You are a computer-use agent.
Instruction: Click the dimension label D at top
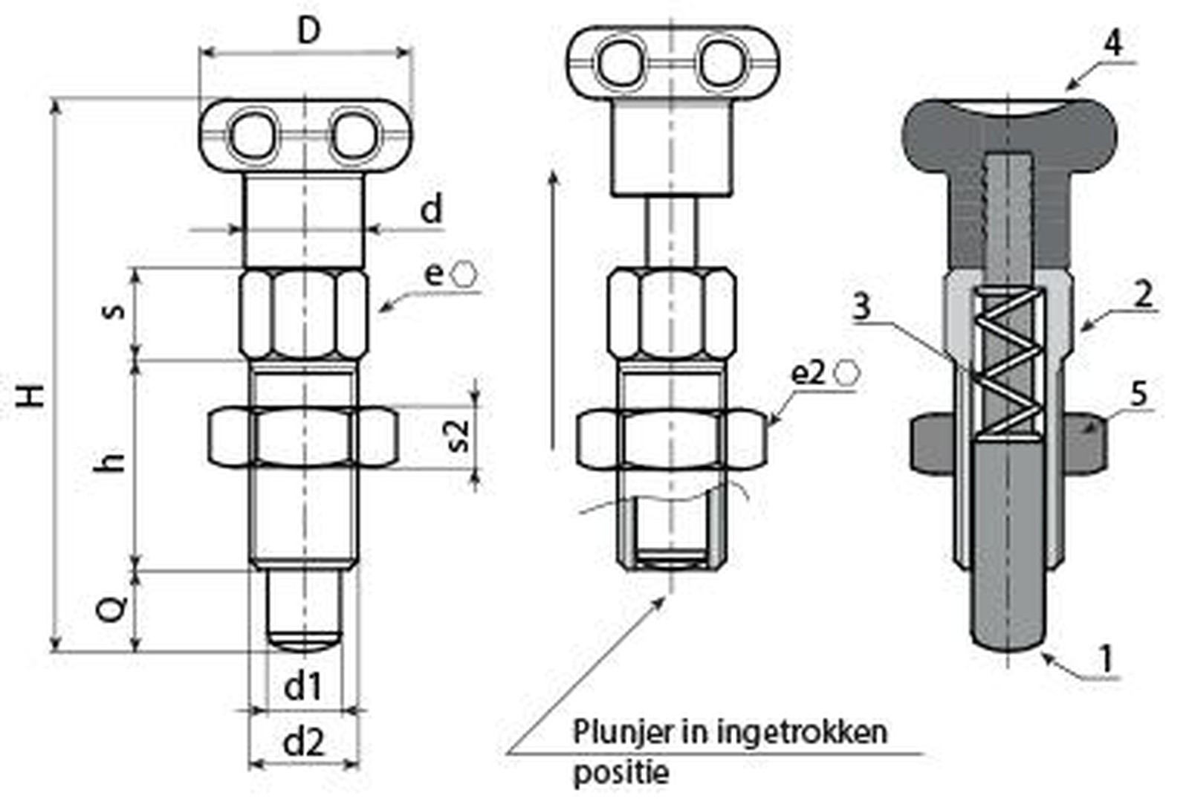point(308,31)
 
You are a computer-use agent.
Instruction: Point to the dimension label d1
point(303,686)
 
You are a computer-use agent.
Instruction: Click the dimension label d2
point(304,742)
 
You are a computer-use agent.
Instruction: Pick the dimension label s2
point(459,436)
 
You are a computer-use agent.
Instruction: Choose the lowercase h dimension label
point(111,462)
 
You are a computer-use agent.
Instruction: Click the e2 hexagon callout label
point(808,372)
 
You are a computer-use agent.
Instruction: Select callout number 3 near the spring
point(862,305)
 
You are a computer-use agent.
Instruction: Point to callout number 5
point(1139,394)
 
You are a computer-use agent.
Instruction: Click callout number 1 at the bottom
point(1107,659)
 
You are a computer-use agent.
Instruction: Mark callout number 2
point(1142,295)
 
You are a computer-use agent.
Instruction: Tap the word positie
point(621,773)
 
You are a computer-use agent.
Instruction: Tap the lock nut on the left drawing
point(303,436)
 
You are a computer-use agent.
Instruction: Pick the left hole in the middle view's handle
point(623,62)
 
